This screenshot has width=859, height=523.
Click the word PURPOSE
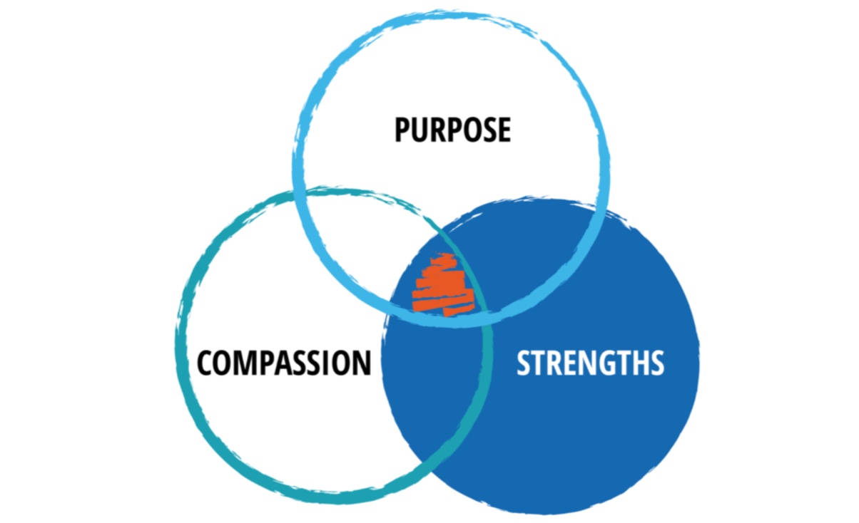452,130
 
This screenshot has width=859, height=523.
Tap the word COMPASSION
284,363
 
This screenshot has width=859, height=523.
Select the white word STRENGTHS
590,363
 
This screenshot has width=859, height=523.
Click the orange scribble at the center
442,286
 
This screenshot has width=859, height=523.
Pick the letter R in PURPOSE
436,130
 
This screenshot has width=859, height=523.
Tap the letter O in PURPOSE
470,130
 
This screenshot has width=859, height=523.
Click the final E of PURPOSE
503,130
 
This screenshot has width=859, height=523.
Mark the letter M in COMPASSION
245,363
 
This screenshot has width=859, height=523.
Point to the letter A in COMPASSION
282,363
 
